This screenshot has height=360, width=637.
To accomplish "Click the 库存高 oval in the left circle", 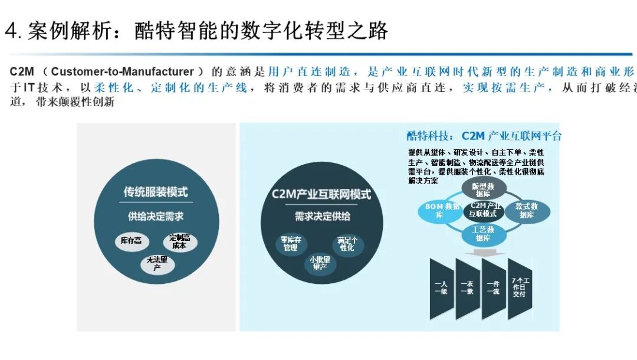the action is click(x=131, y=241).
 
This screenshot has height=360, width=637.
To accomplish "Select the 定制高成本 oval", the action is click(x=179, y=241).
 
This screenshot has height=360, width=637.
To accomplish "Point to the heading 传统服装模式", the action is click(x=156, y=192).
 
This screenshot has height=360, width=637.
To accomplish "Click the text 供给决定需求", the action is click(x=156, y=216).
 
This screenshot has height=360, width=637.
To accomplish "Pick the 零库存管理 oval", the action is click(x=290, y=244).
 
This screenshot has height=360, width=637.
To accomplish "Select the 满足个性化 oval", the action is click(x=347, y=244).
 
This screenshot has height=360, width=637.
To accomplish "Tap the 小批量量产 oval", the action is click(x=319, y=263).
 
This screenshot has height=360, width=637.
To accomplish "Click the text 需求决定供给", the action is click(x=322, y=216).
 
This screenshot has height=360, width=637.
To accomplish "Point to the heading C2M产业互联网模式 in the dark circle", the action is click(x=321, y=194).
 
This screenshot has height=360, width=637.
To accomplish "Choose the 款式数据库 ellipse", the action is click(x=527, y=211).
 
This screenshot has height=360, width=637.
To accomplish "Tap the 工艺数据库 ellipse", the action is click(x=482, y=234).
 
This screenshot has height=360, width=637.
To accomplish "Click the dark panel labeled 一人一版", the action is click(x=441, y=288).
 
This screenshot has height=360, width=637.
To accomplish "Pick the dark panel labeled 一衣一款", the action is click(x=467, y=288).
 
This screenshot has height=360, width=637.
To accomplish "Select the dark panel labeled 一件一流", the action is click(x=493, y=288).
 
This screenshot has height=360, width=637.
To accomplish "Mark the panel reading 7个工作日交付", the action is click(x=519, y=288).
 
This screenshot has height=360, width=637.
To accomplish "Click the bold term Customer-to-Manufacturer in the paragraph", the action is click(x=122, y=72).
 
